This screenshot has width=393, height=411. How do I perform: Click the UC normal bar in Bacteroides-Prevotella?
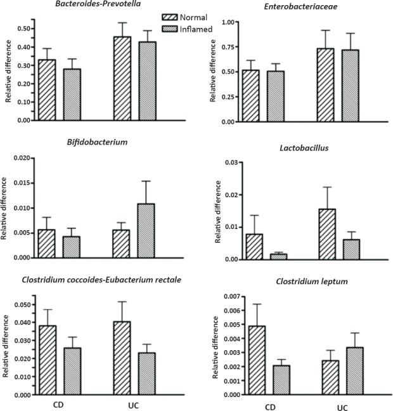123,78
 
